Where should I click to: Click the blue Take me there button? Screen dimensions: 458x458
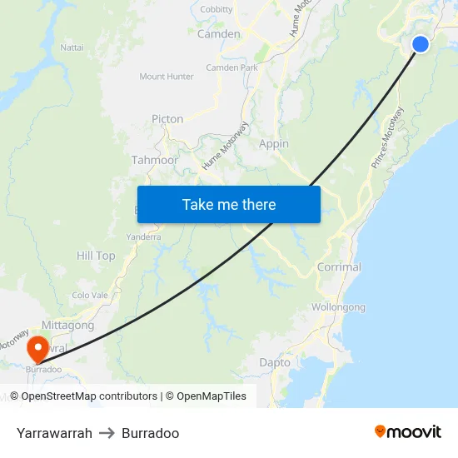pyautogui.click(x=229, y=204)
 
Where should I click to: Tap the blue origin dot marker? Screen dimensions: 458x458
pyautogui.click(x=421, y=44)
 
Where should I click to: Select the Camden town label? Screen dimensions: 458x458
pyautogui.click(x=219, y=34)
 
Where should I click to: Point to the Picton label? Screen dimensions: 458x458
pyautogui.click(x=167, y=119)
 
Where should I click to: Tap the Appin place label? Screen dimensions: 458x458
pyautogui.click(x=274, y=144)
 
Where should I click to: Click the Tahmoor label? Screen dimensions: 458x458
pyautogui.click(x=155, y=160)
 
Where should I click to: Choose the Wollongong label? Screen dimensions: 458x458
pyautogui.click(x=338, y=307)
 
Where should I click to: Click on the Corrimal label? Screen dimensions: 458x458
pyautogui.click(x=339, y=267)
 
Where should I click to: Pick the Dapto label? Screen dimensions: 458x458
pyautogui.click(x=275, y=362)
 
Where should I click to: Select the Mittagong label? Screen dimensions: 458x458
pyautogui.click(x=67, y=326)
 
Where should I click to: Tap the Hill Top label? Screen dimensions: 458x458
pyautogui.click(x=96, y=256)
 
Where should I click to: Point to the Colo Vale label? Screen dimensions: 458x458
pyautogui.click(x=90, y=295)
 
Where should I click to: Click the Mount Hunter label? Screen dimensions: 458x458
pyautogui.click(x=167, y=77)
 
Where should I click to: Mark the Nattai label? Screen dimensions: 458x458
pyautogui.click(x=72, y=47)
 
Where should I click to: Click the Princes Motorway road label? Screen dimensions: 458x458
pyautogui.click(x=388, y=137)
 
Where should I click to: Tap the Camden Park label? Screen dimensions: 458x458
pyautogui.click(x=231, y=67)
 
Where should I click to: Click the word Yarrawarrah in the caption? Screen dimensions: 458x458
pyautogui.click(x=54, y=433)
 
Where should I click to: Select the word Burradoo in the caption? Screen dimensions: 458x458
pyautogui.click(x=150, y=433)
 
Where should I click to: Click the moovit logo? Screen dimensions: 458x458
pyautogui.click(x=408, y=431)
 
